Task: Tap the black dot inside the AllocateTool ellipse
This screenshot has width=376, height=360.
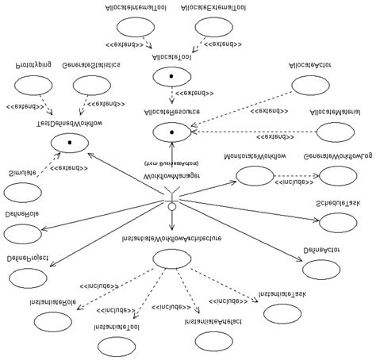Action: (x=170, y=77)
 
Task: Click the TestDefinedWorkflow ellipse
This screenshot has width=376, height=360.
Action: (x=71, y=142)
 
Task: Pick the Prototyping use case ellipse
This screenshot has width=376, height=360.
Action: (x=33, y=85)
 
